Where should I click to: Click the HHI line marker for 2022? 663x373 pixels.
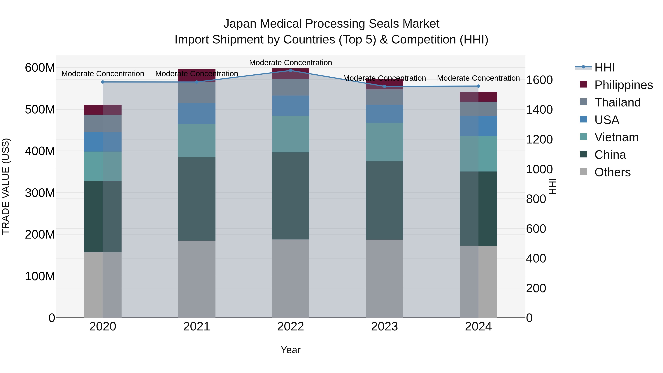(291, 70)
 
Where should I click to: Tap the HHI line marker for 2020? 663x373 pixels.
(103, 82)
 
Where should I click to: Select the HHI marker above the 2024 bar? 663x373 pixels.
(478, 86)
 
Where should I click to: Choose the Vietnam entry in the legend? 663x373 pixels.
(616, 137)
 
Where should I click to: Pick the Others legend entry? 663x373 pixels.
(612, 172)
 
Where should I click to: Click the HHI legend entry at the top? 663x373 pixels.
(604, 67)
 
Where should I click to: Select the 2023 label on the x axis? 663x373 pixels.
(384, 327)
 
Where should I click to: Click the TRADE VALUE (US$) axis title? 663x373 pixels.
(6, 186)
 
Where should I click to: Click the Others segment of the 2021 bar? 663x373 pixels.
(197, 279)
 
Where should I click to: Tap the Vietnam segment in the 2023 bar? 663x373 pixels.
(384, 142)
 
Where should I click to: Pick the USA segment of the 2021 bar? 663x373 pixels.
(197, 113)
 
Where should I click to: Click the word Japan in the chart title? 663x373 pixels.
(240, 24)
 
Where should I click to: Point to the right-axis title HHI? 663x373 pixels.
(552, 186)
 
